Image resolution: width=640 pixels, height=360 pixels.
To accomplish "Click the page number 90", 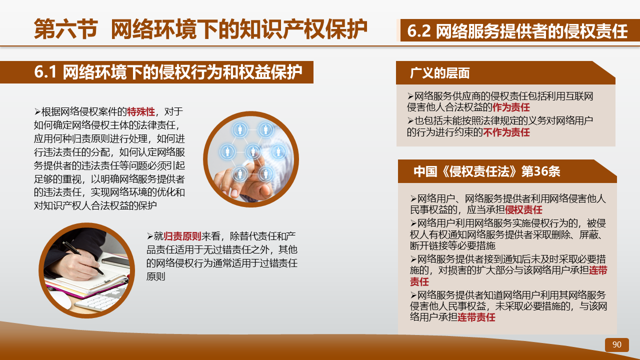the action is tap(616, 344).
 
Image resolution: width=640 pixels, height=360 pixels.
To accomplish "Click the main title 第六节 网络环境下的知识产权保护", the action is tap(200, 29).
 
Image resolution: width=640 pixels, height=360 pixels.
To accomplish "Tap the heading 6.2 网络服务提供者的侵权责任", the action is tap(517, 31).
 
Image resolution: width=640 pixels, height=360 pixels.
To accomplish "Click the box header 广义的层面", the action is tap(440, 73).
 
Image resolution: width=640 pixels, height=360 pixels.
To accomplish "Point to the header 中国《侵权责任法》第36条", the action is tap(487, 171).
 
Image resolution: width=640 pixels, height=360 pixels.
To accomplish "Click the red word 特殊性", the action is tap(141, 111).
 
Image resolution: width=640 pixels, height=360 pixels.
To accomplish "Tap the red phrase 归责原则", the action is tap(182, 236).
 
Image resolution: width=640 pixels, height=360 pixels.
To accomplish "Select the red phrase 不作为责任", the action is tap(506, 132).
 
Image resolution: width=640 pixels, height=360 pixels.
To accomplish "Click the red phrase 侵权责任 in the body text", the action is tap(523, 209).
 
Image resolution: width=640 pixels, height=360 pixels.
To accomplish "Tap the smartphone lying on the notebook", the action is tap(115, 261).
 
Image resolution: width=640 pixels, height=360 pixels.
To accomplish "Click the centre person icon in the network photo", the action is tap(253, 151).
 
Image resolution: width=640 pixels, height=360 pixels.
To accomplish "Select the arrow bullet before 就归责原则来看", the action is tap(150, 236).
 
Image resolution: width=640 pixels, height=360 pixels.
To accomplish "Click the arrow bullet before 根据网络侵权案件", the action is tap(37, 111).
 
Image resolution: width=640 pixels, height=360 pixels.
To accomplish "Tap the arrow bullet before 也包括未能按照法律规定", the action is tap(410, 121).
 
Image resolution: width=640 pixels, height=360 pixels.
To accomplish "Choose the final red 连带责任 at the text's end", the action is tap(476, 317).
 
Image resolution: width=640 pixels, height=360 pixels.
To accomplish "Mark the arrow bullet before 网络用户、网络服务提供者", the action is tap(413, 198).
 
